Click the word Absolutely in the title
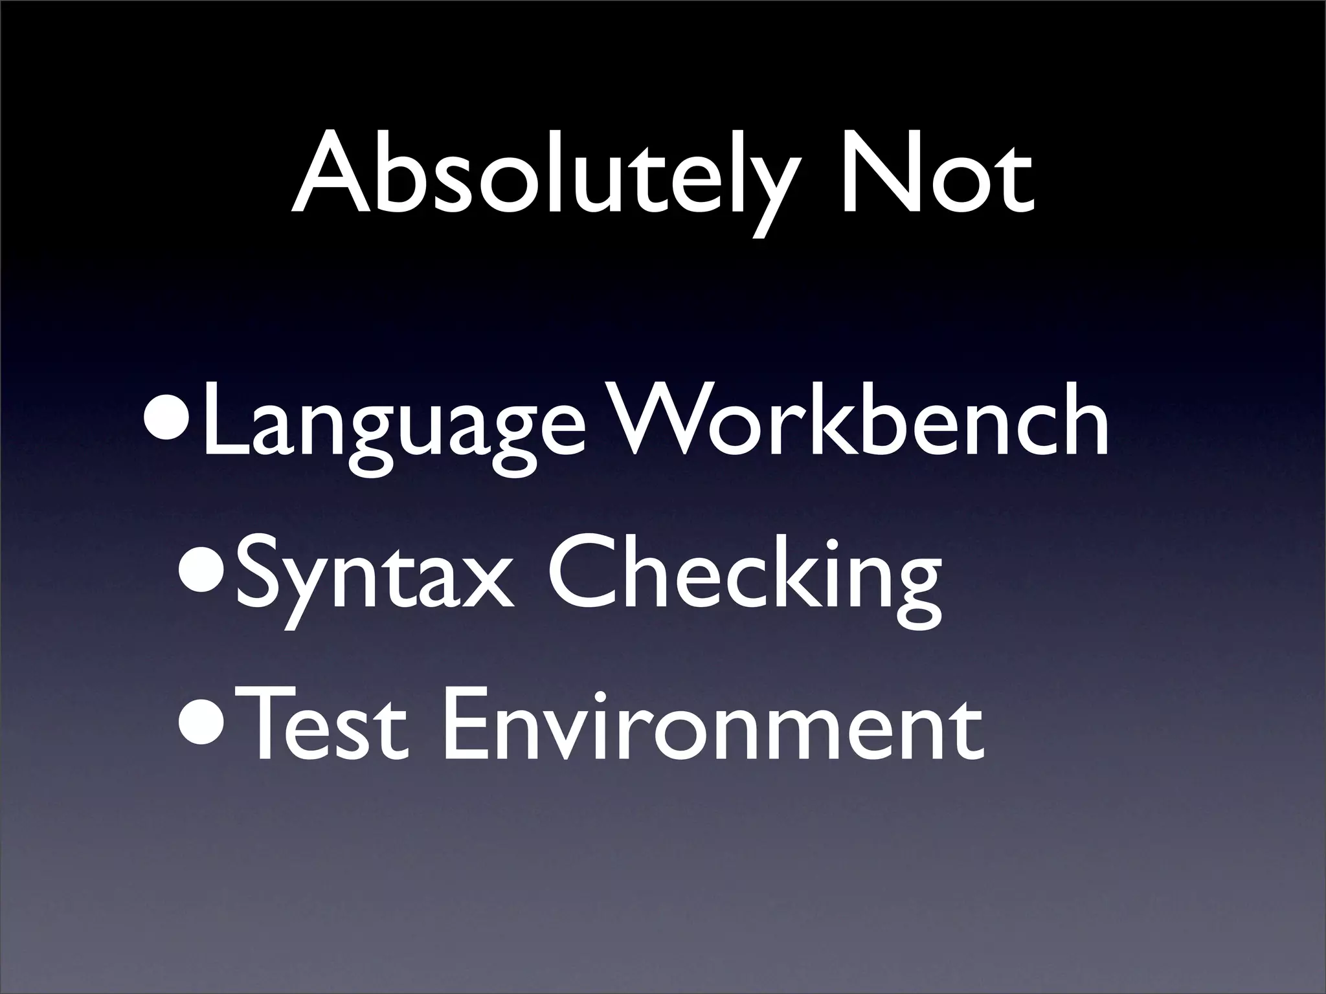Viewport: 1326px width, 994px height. (x=544, y=175)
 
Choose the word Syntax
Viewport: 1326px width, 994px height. (x=376, y=576)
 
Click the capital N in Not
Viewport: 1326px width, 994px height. (x=877, y=171)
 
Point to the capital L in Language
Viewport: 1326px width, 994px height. (x=223, y=421)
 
